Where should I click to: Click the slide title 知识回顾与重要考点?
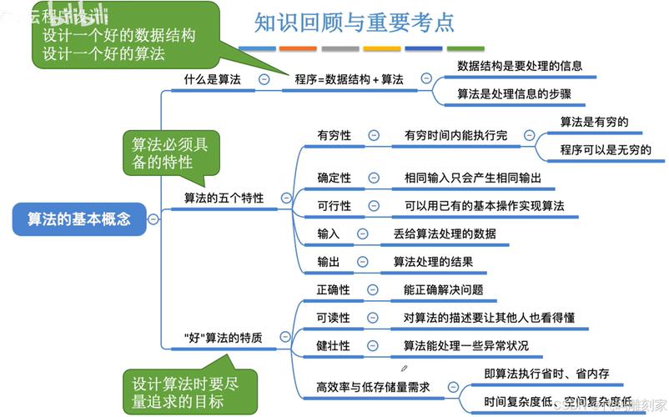pyautogui.click(x=355, y=23)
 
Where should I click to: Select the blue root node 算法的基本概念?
pyautogui.click(x=78, y=219)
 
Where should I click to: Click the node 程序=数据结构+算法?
pyautogui.click(x=349, y=79)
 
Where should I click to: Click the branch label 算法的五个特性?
pyautogui.click(x=224, y=198)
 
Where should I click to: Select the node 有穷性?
pyautogui.click(x=334, y=135)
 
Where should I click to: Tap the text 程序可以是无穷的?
pyautogui.click(x=606, y=150)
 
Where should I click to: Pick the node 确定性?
pyautogui.click(x=334, y=178)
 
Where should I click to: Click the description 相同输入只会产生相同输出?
pyautogui.click(x=473, y=178)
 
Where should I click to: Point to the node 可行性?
pyautogui.click(x=334, y=205)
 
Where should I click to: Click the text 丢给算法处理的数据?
pyautogui.click(x=445, y=234)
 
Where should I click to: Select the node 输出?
pyautogui.click(x=328, y=262)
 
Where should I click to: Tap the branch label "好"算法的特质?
pyautogui.click(x=223, y=338)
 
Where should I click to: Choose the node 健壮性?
pyautogui.click(x=333, y=345)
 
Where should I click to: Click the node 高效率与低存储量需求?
pyautogui.click(x=375, y=387)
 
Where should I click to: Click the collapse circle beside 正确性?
pyautogui.click(x=373, y=290)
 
